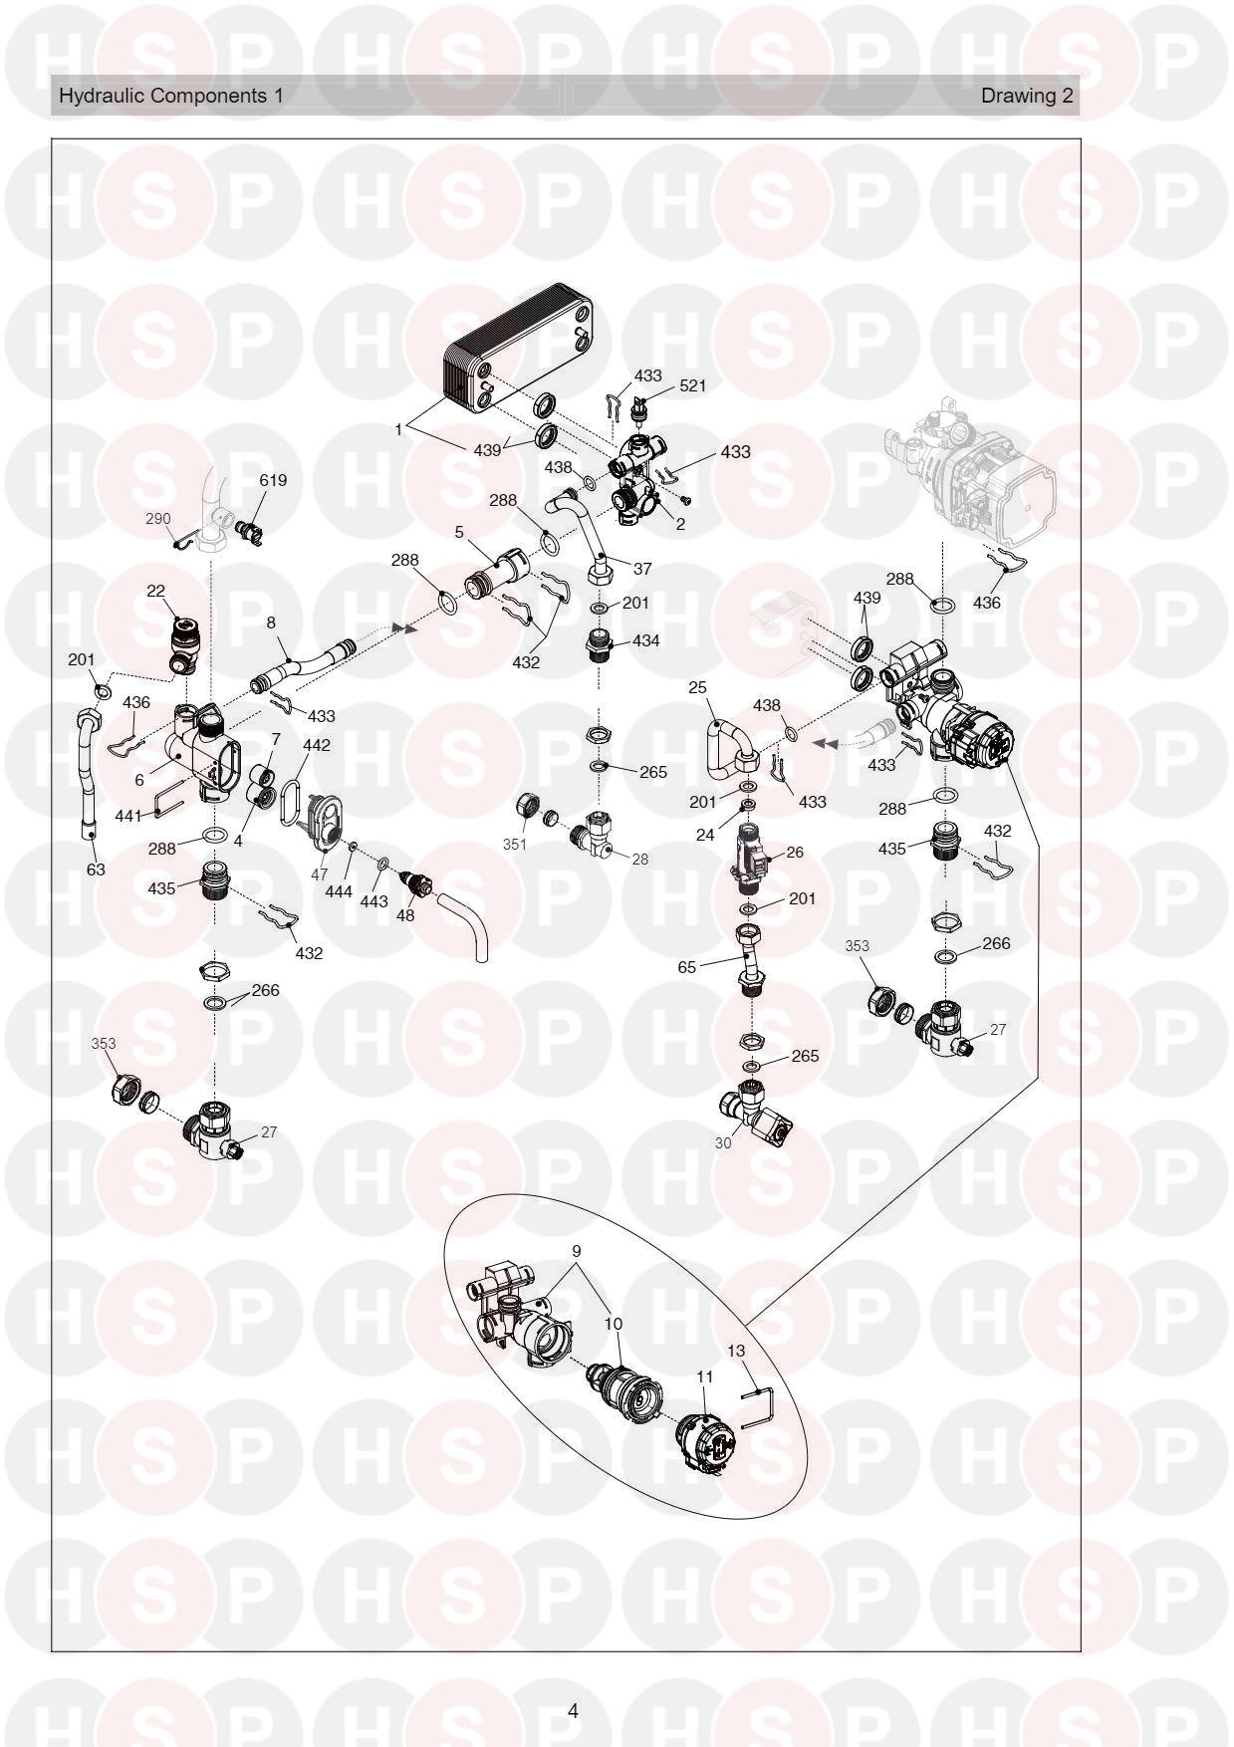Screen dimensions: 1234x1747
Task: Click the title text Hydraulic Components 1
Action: (171, 96)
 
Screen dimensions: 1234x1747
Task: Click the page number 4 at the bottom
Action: (573, 1712)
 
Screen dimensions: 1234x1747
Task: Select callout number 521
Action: (692, 385)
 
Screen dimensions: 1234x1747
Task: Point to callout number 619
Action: (273, 480)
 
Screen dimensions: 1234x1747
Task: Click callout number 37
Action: (642, 569)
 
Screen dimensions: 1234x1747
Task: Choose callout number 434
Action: (645, 640)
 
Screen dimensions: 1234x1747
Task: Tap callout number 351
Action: (514, 844)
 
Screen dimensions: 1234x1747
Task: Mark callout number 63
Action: (95, 870)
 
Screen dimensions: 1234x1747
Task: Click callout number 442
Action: (317, 745)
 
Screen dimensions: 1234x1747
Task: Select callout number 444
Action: (339, 891)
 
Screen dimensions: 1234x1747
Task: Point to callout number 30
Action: (723, 1143)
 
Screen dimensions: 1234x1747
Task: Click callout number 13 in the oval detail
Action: (736, 1352)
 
